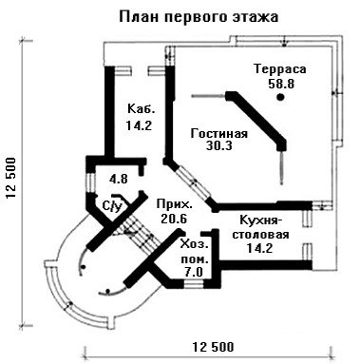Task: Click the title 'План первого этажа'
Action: (199, 17)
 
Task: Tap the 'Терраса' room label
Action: (280, 69)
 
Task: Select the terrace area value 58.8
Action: (281, 84)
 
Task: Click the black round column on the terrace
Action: (280, 97)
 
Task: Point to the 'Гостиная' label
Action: (219, 133)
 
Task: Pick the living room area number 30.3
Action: (219, 146)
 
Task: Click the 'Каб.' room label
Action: (142, 109)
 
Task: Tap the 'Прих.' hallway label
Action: (174, 204)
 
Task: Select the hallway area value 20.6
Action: (174, 219)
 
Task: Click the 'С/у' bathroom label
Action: (112, 206)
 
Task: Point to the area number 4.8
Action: (118, 180)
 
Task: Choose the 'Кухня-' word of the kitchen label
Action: (260, 220)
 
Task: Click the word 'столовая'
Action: (260, 235)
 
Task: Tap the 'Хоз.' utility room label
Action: (195, 245)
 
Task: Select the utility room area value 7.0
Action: (194, 272)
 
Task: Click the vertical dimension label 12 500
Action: (11, 178)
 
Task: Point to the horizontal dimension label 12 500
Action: (213, 347)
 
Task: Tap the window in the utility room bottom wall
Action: (194, 283)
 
